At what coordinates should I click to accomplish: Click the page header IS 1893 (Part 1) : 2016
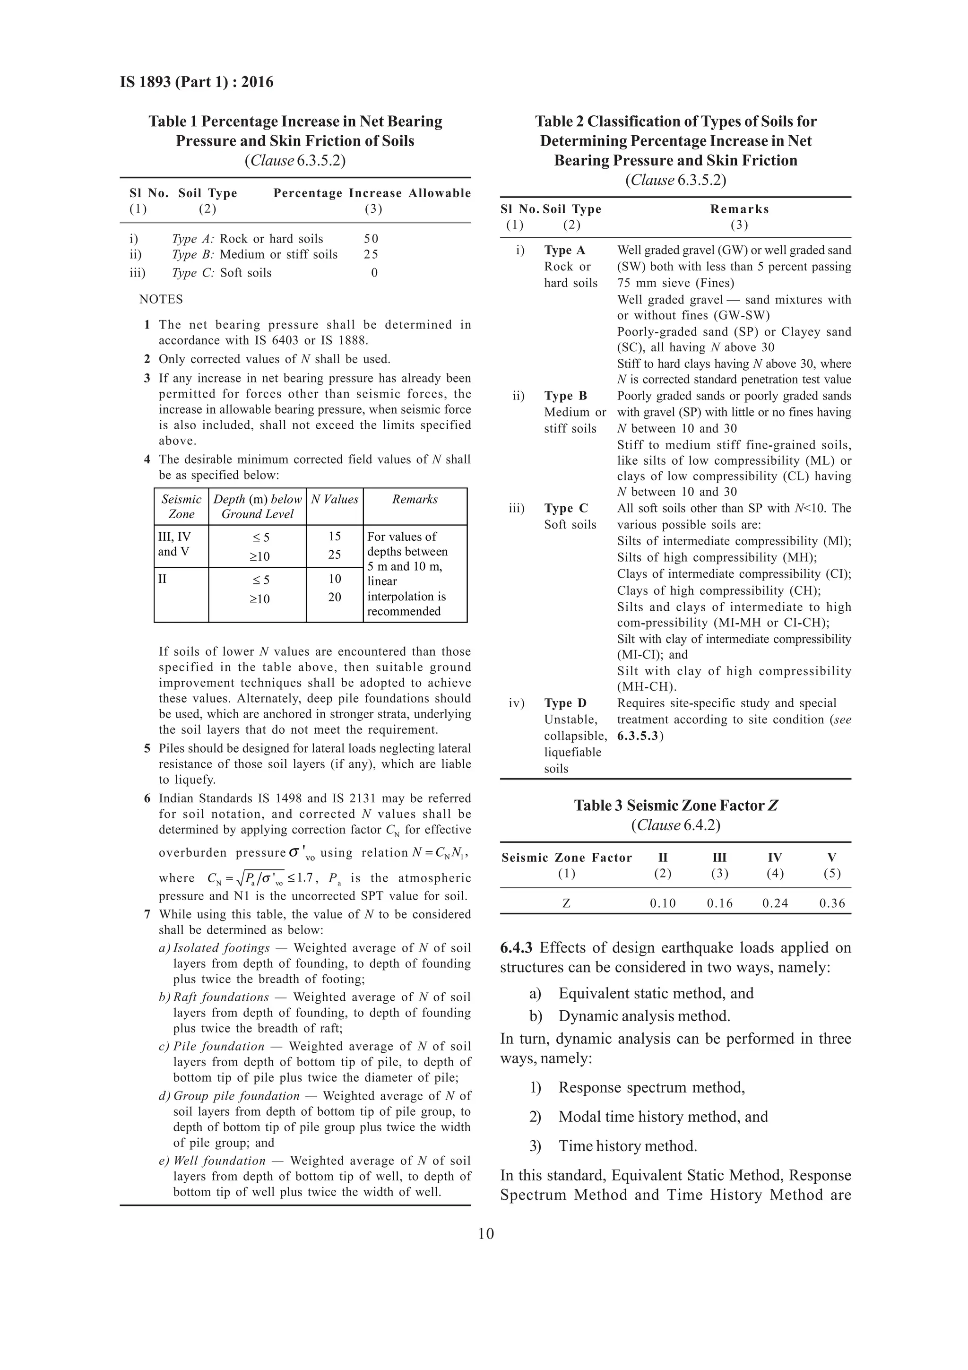click(196, 82)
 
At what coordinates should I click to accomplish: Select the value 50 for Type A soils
click(371, 239)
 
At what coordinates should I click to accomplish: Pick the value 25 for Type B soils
click(371, 254)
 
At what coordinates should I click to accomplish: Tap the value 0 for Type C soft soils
click(374, 273)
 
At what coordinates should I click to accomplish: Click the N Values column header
click(335, 499)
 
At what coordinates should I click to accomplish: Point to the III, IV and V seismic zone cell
click(174, 544)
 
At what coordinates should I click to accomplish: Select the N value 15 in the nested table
click(335, 537)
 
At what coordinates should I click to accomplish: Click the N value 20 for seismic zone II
click(335, 597)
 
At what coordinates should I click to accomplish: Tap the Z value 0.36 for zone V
click(831, 903)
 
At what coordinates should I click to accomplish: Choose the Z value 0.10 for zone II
click(663, 903)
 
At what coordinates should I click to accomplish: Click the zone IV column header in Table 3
click(774, 858)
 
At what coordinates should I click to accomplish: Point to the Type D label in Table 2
click(565, 703)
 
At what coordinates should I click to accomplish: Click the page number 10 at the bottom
click(485, 1233)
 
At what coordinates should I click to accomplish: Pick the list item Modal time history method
click(663, 1117)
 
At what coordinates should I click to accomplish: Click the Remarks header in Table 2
click(739, 209)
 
